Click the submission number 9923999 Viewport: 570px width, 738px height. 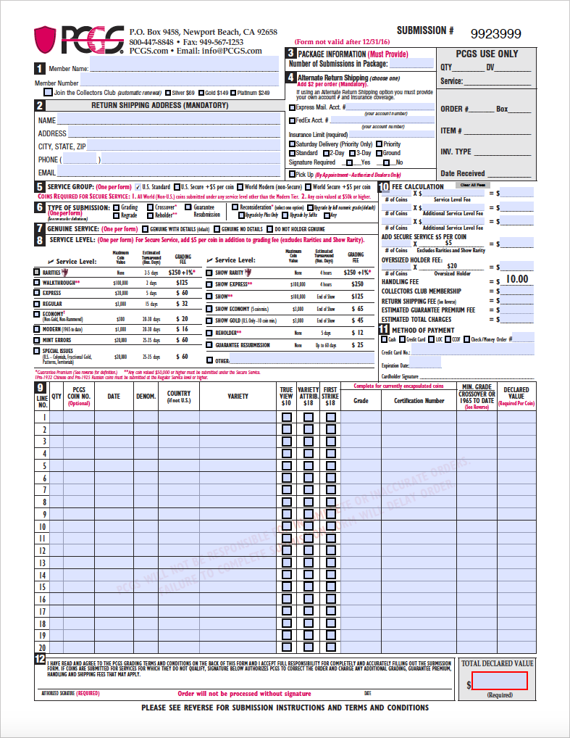coord(496,34)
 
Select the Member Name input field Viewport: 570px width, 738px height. coord(184,68)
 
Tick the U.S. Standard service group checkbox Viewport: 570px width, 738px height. coord(138,187)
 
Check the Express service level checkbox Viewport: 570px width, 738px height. coord(37,293)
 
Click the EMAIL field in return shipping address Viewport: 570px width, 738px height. coord(169,173)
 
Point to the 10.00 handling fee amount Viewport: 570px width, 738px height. coord(516,279)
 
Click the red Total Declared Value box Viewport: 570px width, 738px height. coord(500,681)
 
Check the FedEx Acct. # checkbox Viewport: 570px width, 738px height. coord(292,120)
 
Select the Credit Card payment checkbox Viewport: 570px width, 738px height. coord(402,339)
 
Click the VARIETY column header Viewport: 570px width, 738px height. coord(238,396)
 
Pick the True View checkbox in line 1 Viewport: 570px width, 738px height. coord(287,417)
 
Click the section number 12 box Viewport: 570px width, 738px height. coord(40,658)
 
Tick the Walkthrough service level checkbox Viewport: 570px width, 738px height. coord(37,283)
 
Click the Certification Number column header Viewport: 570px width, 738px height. coord(419,400)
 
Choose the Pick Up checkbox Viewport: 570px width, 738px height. coord(292,174)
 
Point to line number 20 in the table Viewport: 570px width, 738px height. coord(42,647)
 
